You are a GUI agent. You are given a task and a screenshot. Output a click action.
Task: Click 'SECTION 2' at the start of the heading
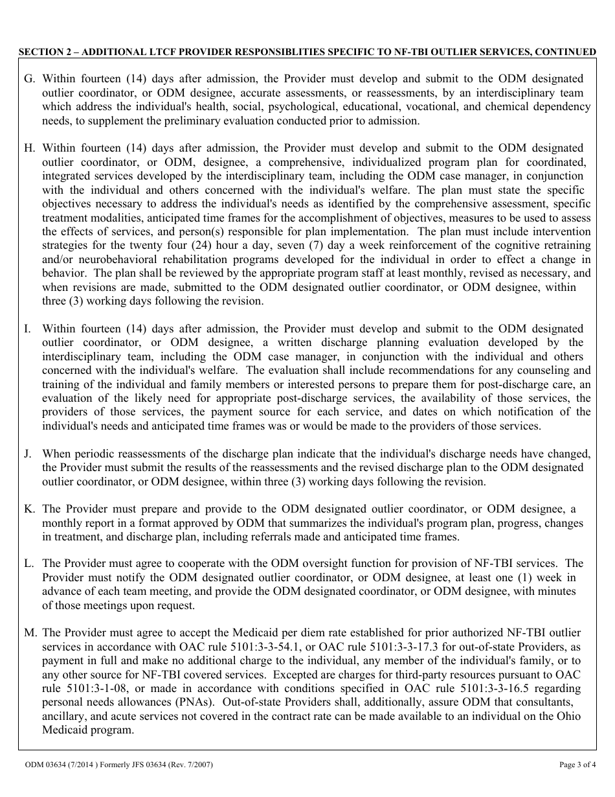(41, 52)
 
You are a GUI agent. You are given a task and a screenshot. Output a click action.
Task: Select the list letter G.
(29, 78)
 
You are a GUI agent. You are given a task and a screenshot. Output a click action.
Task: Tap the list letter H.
(29, 148)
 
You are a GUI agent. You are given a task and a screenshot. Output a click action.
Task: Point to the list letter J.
(28, 454)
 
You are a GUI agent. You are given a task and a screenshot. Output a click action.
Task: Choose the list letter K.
(29, 509)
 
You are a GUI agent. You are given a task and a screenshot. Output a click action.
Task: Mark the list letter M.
(30, 632)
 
